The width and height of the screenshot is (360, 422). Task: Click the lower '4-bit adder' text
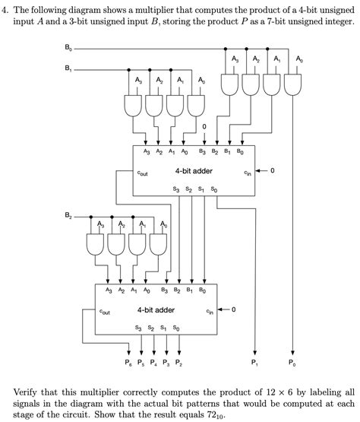(x=156, y=310)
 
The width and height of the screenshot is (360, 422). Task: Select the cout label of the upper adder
(x=143, y=173)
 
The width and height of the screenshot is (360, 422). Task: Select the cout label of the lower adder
(x=105, y=312)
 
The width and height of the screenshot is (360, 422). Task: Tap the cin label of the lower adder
(x=209, y=312)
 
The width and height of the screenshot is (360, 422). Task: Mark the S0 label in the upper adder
(x=214, y=188)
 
